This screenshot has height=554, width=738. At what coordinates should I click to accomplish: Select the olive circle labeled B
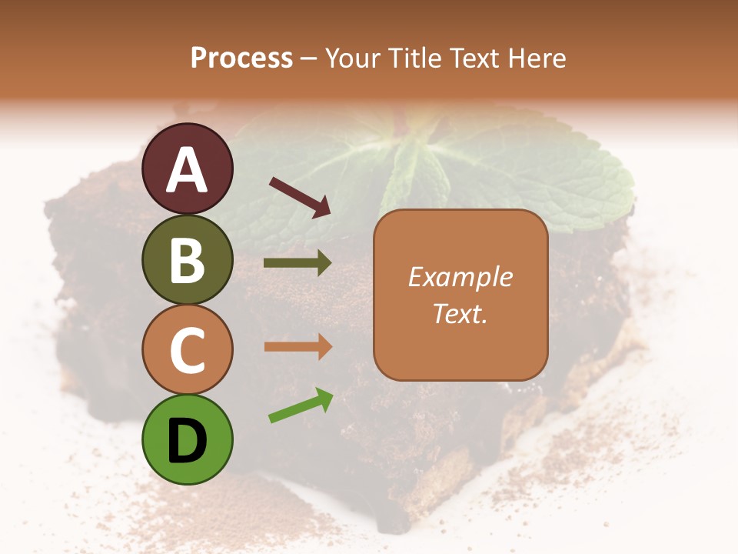tap(188, 259)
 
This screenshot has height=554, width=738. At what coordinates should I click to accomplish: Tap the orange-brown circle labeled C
tap(188, 349)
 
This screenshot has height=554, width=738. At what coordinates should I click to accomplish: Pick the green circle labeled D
tap(188, 439)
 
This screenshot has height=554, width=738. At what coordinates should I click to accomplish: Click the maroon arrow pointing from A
tap(300, 196)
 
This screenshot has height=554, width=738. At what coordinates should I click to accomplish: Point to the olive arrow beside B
tap(298, 263)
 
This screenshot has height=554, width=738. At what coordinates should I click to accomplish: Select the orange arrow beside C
tap(298, 347)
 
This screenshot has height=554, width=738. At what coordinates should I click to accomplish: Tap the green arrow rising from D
tap(301, 405)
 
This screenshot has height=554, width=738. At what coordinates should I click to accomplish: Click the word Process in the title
tap(241, 58)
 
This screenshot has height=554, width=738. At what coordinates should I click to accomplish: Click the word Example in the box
tap(460, 278)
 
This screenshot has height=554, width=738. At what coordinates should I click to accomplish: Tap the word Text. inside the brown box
tap(460, 313)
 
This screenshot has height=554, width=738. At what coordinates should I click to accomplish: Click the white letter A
tap(188, 170)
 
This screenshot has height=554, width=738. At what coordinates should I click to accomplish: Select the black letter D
tap(188, 441)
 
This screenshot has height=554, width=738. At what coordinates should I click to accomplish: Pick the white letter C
tap(188, 350)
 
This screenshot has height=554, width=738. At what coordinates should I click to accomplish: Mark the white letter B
tap(188, 260)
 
